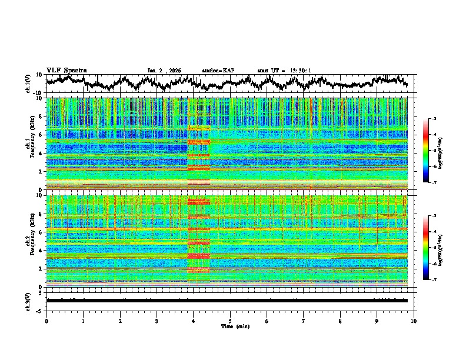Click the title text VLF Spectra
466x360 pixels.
point(66,70)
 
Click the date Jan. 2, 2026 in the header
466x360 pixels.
point(164,71)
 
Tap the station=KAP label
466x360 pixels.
point(218,71)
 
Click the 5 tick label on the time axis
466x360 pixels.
point(230,321)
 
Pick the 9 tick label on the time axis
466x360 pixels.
point(377,321)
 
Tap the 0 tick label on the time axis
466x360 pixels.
point(46,321)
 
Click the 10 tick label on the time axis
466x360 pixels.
point(414,321)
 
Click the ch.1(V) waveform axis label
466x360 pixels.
point(28,84)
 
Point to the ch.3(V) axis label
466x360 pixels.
point(28,300)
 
